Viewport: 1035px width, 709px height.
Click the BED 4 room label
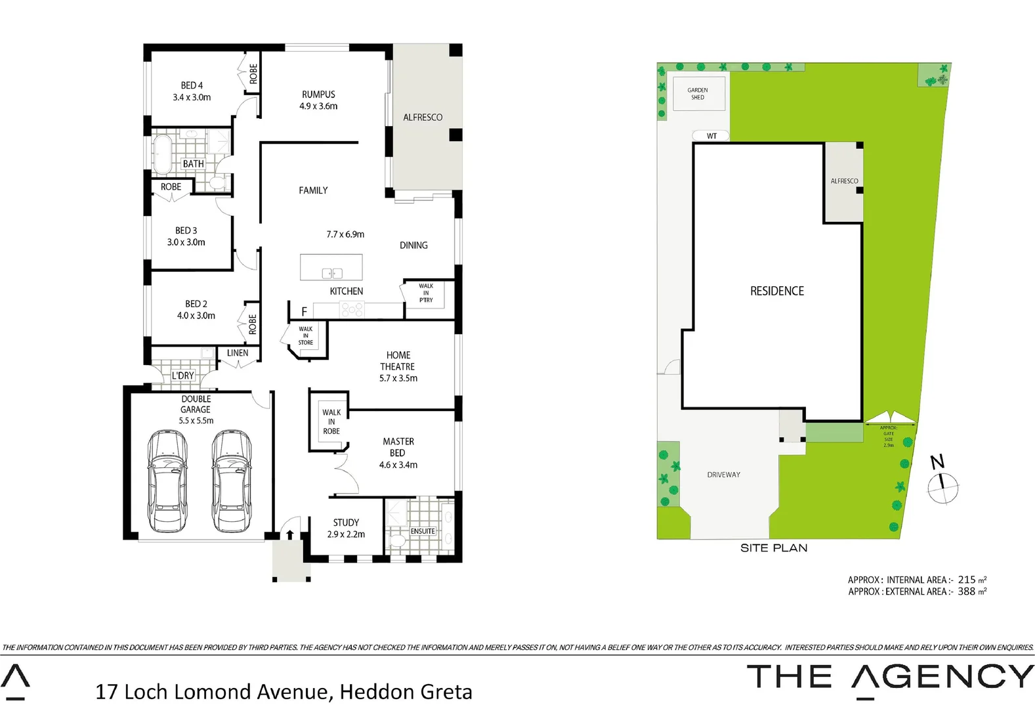coord(192,85)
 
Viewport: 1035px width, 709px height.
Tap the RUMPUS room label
coord(318,95)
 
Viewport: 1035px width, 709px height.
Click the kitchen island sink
coord(332,273)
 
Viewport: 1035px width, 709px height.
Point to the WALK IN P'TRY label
coord(426,293)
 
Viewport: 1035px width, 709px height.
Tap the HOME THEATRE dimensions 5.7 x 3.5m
coord(398,378)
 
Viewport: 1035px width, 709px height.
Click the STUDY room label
coord(346,523)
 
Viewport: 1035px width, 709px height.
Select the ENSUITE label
coord(423,531)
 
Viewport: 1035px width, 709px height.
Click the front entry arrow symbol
coord(289,533)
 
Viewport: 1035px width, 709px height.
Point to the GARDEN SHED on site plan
coord(698,94)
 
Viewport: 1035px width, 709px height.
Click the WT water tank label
coord(711,136)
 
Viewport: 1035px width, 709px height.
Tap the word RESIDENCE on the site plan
coord(777,291)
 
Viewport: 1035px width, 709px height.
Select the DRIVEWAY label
coord(723,475)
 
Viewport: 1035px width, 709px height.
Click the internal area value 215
coord(966,580)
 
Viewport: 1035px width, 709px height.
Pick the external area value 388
coord(966,591)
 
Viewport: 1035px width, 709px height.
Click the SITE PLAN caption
coord(774,548)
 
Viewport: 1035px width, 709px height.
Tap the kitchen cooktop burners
coord(352,310)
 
